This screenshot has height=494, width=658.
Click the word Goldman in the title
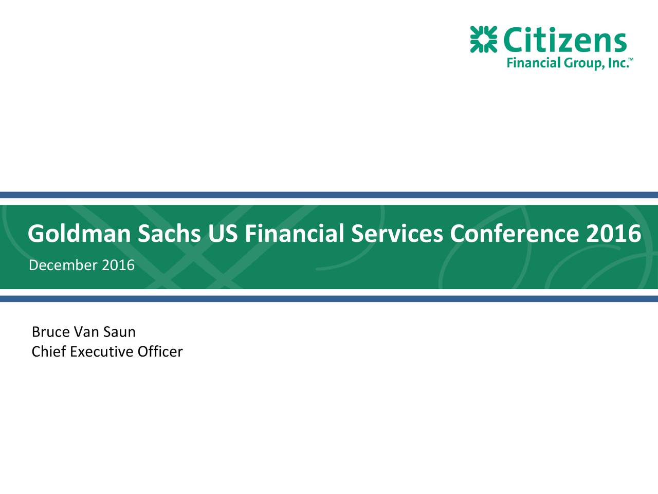pyautogui.click(x=79, y=234)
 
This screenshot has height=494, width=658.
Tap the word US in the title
pyautogui.click(x=223, y=234)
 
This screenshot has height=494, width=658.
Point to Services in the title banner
pyautogui.click(x=396, y=234)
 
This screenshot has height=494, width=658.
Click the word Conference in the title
pyautogui.click(x=514, y=234)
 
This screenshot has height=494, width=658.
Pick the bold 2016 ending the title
pyautogui.click(x=613, y=234)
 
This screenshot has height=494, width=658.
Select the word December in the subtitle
pyautogui.click(x=63, y=266)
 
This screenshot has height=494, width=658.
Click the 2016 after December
pyautogui.click(x=118, y=266)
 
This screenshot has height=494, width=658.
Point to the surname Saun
pyautogui.click(x=119, y=332)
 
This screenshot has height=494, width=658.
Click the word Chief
pyautogui.click(x=49, y=352)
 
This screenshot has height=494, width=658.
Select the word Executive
pyautogui.click(x=101, y=352)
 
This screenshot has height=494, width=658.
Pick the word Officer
pyautogui.click(x=159, y=352)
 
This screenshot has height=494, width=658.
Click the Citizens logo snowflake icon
pyautogui.click(x=484, y=39)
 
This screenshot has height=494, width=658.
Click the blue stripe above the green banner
pyautogui.click(x=329, y=195)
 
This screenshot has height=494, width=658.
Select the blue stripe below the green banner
pyautogui.click(x=329, y=298)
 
